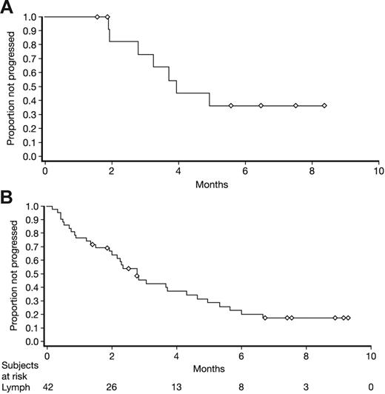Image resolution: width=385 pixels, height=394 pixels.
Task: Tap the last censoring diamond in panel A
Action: coord(324,106)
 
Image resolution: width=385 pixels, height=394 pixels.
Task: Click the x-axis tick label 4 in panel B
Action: coord(176,356)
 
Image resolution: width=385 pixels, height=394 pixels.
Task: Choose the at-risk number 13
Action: coord(176,386)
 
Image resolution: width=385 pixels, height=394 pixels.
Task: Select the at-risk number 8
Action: coord(241,386)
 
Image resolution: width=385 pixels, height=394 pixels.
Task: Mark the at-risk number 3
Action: coord(306,386)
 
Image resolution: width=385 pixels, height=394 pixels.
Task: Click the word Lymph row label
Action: coord(14,386)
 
